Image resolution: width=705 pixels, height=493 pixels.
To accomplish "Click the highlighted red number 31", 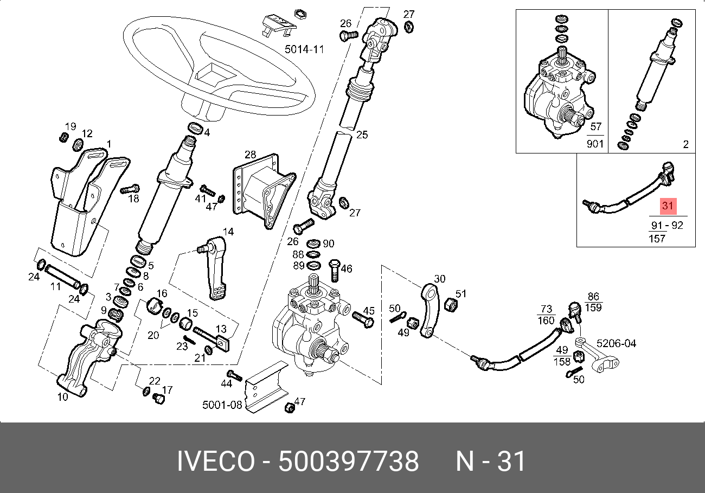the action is pyautogui.click(x=668, y=206).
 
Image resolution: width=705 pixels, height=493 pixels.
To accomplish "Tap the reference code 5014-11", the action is pyautogui.click(x=304, y=49).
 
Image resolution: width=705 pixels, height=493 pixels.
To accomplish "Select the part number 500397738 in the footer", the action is pyautogui.click(x=348, y=461).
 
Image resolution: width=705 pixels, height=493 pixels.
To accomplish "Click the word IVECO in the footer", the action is pyautogui.click(x=216, y=461).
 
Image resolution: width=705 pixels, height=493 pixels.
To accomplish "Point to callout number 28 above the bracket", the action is pyautogui.click(x=250, y=155).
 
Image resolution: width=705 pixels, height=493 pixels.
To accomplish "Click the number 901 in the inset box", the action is pyautogui.click(x=595, y=144).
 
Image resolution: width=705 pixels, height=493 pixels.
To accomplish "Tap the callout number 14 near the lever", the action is pyautogui.click(x=228, y=232).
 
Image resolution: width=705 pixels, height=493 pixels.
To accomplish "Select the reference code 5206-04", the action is pyautogui.click(x=616, y=343).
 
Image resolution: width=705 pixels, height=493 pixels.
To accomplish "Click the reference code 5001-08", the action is pyautogui.click(x=222, y=405).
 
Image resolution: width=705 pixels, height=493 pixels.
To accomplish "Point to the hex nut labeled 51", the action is pyautogui.click(x=451, y=305).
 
